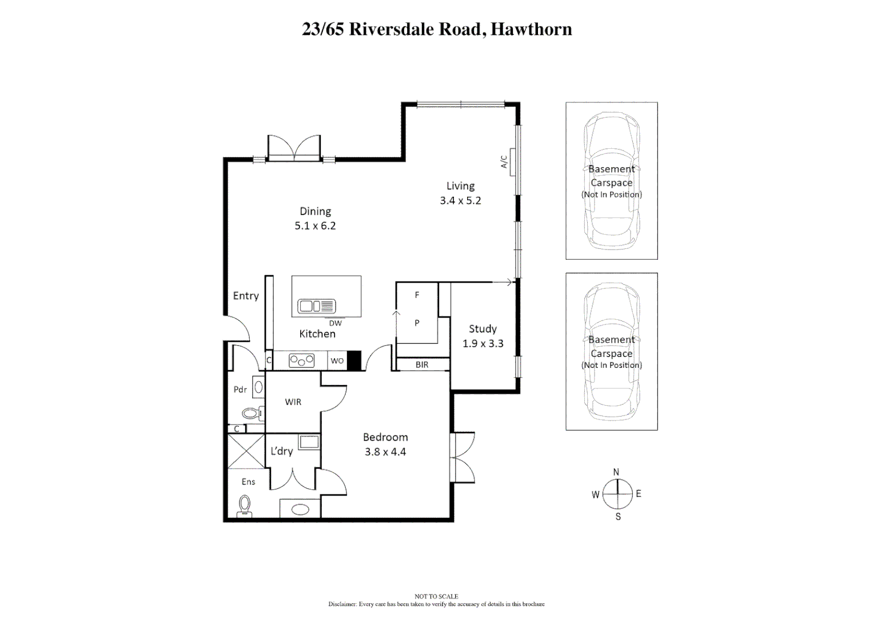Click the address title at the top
(437, 29)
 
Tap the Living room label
(460, 186)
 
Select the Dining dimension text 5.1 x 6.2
(315, 226)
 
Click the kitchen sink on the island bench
(316, 306)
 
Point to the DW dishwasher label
(335, 323)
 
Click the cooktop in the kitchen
(301, 360)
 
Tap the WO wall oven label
(337, 360)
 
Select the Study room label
(483, 329)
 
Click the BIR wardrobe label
(422, 365)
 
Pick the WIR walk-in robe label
(293, 402)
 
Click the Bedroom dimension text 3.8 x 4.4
(385, 452)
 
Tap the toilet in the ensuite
(245, 506)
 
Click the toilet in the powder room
(252, 412)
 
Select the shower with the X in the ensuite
(246, 451)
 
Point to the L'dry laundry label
(281, 451)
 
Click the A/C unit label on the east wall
(504, 162)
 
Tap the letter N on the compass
(616, 473)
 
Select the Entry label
(246, 296)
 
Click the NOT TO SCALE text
(436, 596)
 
